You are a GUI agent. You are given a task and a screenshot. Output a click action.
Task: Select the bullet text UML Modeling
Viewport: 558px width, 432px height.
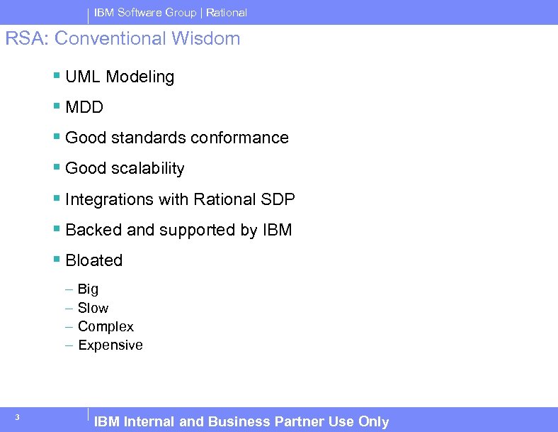pos(119,77)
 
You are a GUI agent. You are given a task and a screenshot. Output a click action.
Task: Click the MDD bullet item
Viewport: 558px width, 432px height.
pos(84,107)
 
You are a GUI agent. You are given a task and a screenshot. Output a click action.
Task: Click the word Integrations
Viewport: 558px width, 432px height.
pos(109,199)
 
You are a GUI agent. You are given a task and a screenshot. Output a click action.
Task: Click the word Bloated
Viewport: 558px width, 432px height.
pos(93,260)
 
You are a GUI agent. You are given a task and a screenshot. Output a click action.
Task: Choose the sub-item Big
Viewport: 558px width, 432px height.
pos(88,289)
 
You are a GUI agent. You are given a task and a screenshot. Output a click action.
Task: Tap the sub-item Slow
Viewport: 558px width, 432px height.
pos(93,308)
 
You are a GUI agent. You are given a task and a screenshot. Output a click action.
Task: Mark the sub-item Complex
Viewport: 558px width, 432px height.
pos(106,326)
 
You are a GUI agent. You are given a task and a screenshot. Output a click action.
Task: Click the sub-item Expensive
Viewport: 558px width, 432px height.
pos(110,345)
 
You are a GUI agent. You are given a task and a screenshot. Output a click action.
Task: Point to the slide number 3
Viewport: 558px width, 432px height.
pos(16,417)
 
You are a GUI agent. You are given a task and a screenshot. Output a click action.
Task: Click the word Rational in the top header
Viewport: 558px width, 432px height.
pos(227,13)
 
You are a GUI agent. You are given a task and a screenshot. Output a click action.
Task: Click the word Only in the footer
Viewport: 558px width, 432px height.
pos(373,421)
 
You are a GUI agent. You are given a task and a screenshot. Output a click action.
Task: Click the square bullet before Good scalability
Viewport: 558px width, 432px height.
pos(57,168)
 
